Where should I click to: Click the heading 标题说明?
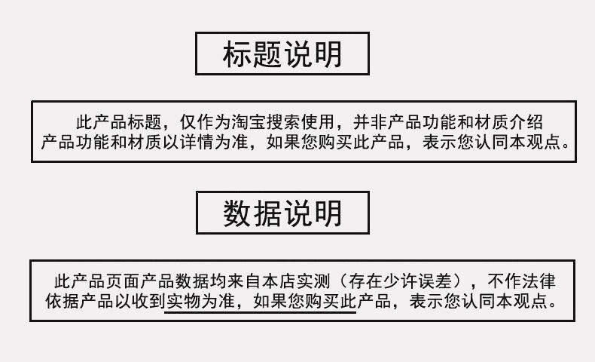(282, 54)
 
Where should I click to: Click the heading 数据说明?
(282, 213)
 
